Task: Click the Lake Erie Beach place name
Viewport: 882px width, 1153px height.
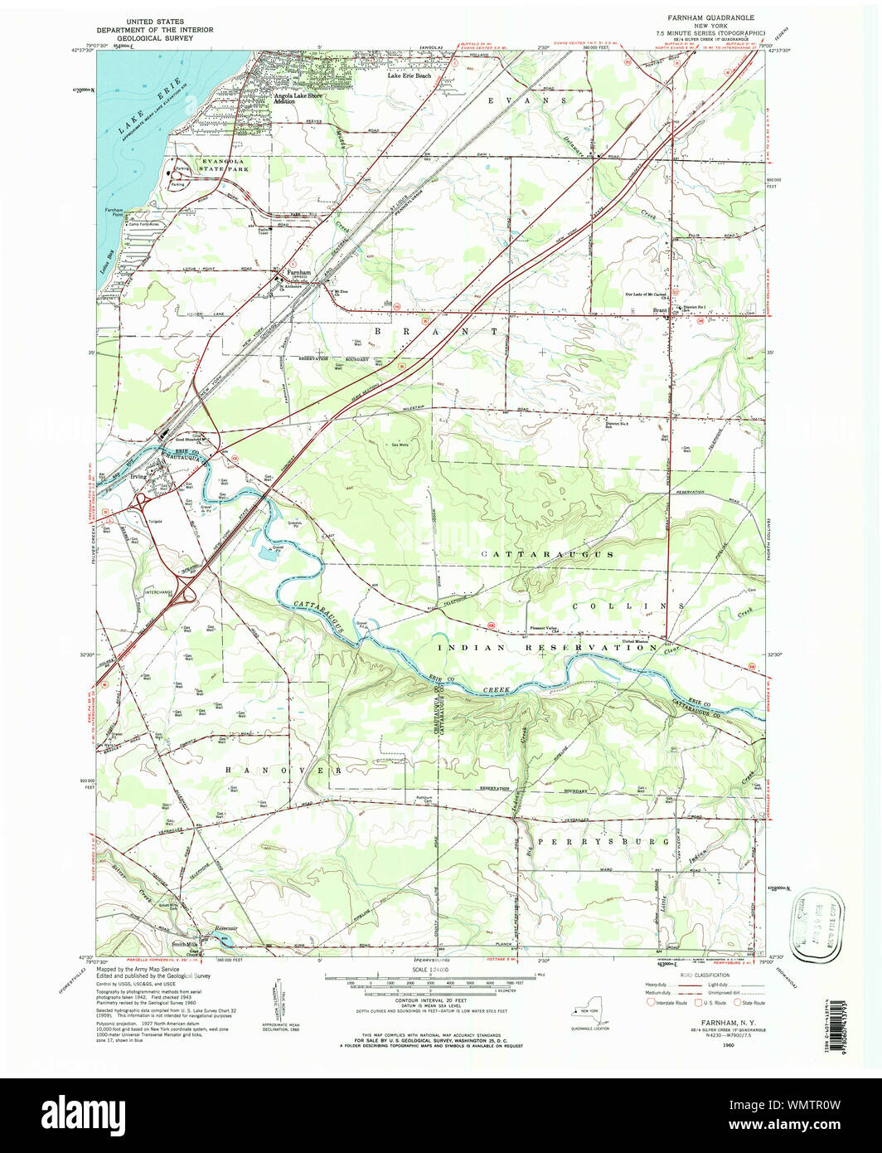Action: [409, 75]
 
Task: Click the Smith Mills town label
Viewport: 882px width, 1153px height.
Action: [185, 944]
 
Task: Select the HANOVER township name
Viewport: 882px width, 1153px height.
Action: [283, 771]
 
